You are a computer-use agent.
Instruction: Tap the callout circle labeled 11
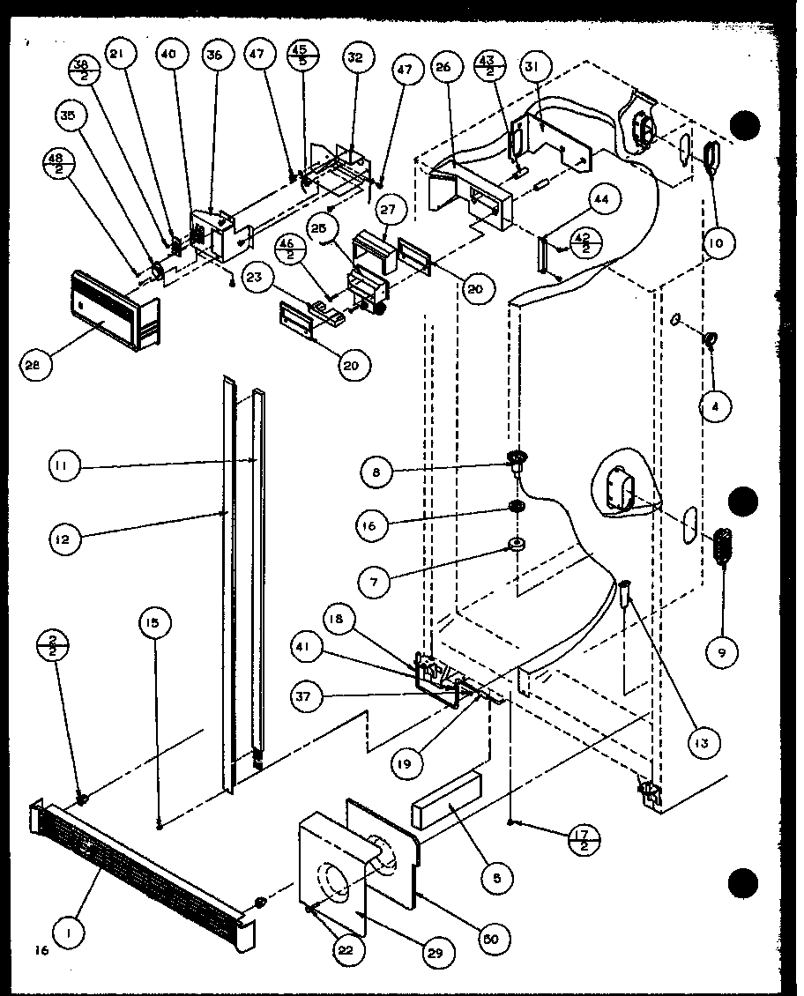click(63, 466)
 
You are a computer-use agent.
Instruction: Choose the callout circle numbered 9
click(722, 652)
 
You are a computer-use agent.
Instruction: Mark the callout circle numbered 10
click(718, 241)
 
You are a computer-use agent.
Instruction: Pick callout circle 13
click(702, 743)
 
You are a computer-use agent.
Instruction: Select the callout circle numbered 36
click(213, 55)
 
